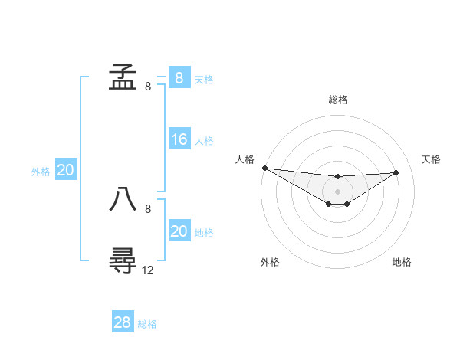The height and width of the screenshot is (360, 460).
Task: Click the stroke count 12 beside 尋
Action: coord(148,270)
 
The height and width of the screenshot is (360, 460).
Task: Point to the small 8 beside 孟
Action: coord(148,87)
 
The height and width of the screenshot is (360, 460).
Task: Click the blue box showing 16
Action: coord(179,139)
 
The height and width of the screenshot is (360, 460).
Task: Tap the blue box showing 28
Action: coord(123,322)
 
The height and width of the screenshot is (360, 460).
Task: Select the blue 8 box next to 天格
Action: coord(179,77)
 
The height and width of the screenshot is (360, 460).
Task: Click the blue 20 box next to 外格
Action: coord(65,170)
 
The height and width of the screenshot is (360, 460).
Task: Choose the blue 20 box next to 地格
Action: coord(179,231)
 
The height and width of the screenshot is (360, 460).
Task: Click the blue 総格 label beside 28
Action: coord(147,324)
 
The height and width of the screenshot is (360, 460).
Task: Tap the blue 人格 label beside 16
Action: coord(204,141)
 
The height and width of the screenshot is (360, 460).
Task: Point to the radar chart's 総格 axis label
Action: coord(338,100)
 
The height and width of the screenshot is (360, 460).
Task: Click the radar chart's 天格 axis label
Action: coord(432,159)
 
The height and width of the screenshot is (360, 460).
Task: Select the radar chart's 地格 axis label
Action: coord(402,262)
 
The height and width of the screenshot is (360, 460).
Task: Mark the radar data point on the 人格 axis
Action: coord(264,168)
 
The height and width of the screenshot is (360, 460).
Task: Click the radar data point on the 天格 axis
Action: coord(396,172)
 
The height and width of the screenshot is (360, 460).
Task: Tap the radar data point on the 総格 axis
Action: coord(338,177)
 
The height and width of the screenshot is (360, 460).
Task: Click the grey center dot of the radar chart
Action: coord(338,191)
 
